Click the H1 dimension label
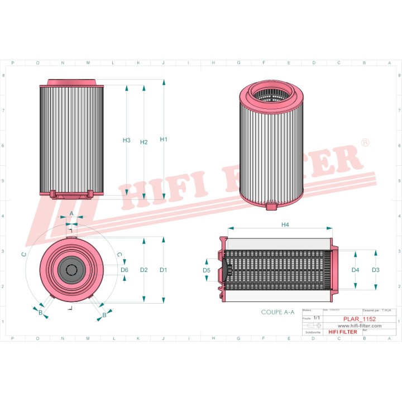(164, 140)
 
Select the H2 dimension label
(143, 142)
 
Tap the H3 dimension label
(127, 140)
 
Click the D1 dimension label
(164, 270)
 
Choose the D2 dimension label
(143, 270)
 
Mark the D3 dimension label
(375, 270)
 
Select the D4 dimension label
(355, 270)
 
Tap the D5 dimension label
(206, 270)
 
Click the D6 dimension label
(125, 270)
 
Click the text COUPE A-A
(277, 313)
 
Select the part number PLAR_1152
(359, 318)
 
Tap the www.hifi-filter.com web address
(359, 325)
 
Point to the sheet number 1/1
(317, 318)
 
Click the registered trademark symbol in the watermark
(365, 143)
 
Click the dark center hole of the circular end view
(71, 270)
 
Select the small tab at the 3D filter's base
(271, 207)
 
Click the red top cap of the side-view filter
(72, 83)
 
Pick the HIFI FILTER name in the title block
(341, 332)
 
